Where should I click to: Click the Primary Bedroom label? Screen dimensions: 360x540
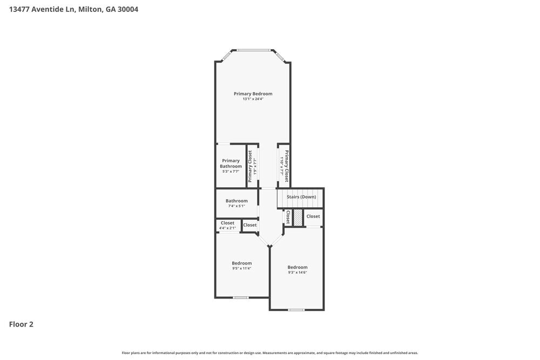[x=253, y=94]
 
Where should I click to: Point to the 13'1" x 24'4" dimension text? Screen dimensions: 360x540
[x=253, y=99]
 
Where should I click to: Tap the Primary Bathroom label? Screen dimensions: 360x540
[x=231, y=163]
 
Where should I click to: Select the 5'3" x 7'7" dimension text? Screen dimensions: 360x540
[x=231, y=171]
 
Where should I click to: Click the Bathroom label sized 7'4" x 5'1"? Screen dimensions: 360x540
[x=237, y=201]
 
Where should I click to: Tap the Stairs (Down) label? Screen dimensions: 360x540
[x=301, y=197]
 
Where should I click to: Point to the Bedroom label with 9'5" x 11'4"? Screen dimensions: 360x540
[x=241, y=263]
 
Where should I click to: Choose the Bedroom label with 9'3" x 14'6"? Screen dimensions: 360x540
[x=297, y=267]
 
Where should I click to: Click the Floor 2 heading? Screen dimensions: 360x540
[x=21, y=324]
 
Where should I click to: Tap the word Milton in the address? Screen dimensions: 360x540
[x=89, y=9]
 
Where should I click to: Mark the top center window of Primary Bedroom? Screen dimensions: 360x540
[x=253, y=50]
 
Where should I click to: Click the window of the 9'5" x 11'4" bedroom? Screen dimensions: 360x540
[x=240, y=297]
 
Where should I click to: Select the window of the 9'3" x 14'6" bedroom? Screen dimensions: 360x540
[x=296, y=310]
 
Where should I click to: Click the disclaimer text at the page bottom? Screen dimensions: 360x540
[x=270, y=352]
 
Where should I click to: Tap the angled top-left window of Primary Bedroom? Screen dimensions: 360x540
[x=226, y=55]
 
